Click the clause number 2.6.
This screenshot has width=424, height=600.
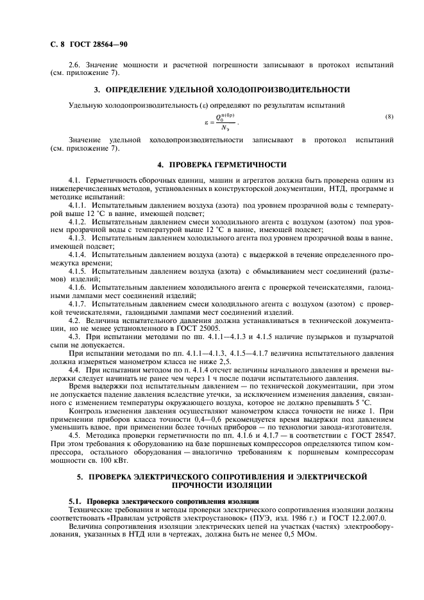pos(76,65)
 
